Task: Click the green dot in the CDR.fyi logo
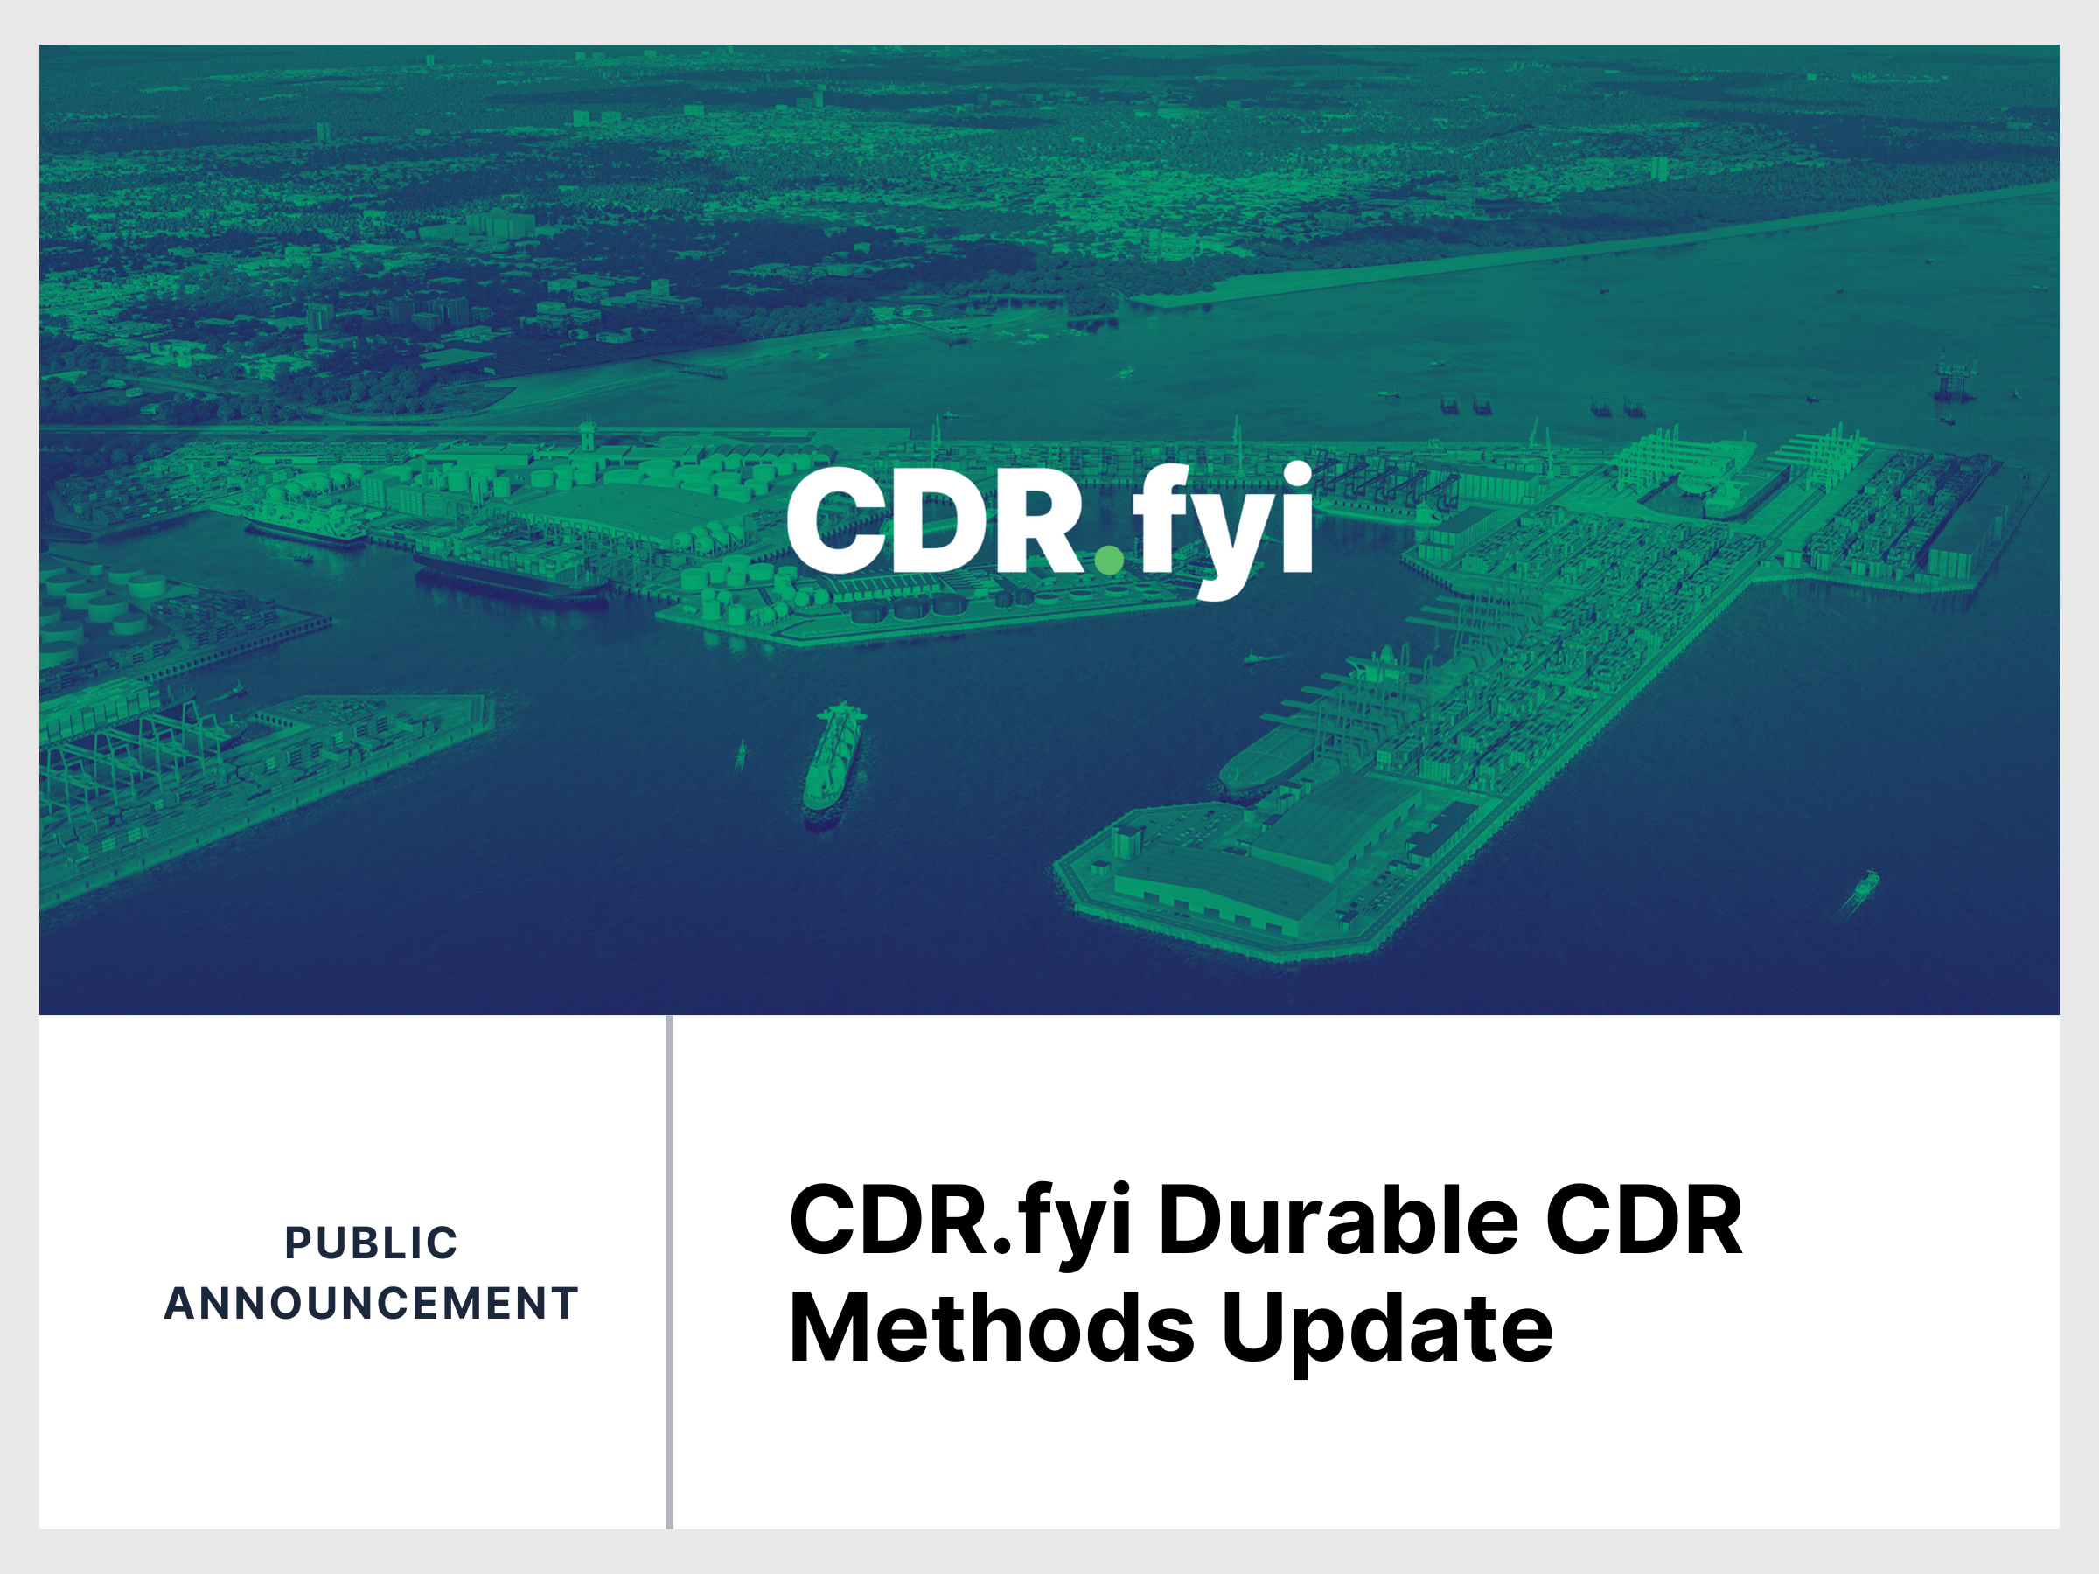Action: [1108, 560]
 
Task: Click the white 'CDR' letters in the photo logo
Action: [935, 522]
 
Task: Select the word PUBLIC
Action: [371, 1243]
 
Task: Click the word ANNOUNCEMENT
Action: [371, 1304]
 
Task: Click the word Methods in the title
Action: [991, 1329]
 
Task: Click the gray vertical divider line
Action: [669, 1271]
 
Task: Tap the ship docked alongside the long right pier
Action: [1266, 759]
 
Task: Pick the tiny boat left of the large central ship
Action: [741, 755]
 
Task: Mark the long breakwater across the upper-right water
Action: [1613, 247]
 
